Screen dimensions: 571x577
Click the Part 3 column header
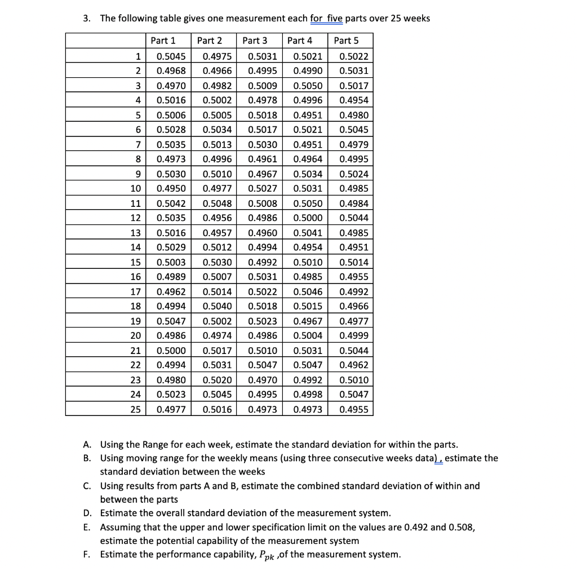tap(255, 41)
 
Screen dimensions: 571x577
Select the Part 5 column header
tap(346, 41)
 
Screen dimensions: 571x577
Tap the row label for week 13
tap(135, 233)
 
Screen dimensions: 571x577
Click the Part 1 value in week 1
tap(168, 56)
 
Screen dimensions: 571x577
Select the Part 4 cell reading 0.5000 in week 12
tap(309, 218)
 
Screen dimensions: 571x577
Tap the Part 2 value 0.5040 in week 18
tap(216, 306)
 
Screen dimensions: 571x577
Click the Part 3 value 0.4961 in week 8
tap(262, 160)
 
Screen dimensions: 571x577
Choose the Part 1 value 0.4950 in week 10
tap(168, 189)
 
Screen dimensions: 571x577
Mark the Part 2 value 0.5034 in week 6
tap(216, 130)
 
